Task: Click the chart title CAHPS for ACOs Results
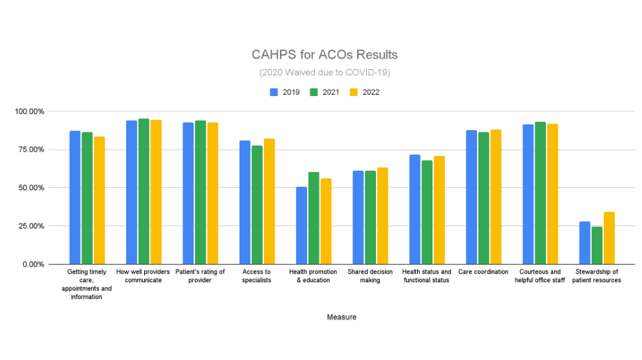(324, 55)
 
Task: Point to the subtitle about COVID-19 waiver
(324, 72)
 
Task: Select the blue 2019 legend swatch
(274, 92)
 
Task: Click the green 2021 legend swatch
(313, 92)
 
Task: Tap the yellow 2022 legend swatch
(354, 92)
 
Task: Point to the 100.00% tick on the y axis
(29, 111)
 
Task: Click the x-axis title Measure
(341, 317)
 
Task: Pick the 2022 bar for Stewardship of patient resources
(609, 238)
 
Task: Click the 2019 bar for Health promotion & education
(302, 226)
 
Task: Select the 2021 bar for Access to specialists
(257, 205)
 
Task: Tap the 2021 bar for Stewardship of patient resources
(597, 245)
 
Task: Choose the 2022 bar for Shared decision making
(382, 216)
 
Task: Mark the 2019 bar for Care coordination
(471, 197)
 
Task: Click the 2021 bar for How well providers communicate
(143, 191)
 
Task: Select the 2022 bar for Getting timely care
(100, 201)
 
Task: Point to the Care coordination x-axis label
(483, 272)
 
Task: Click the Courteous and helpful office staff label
(540, 276)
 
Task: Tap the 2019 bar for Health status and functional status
(415, 210)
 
